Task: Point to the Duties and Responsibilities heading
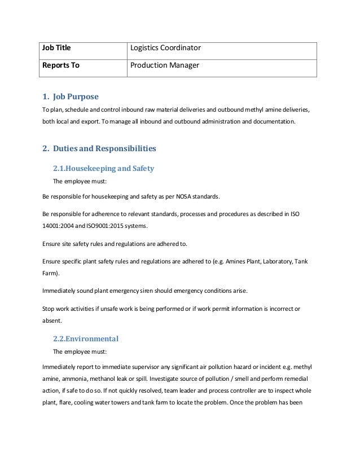[x=99, y=149]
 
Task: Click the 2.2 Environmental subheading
[x=86, y=338]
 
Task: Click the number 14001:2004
[x=56, y=226]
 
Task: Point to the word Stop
[x=49, y=309]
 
